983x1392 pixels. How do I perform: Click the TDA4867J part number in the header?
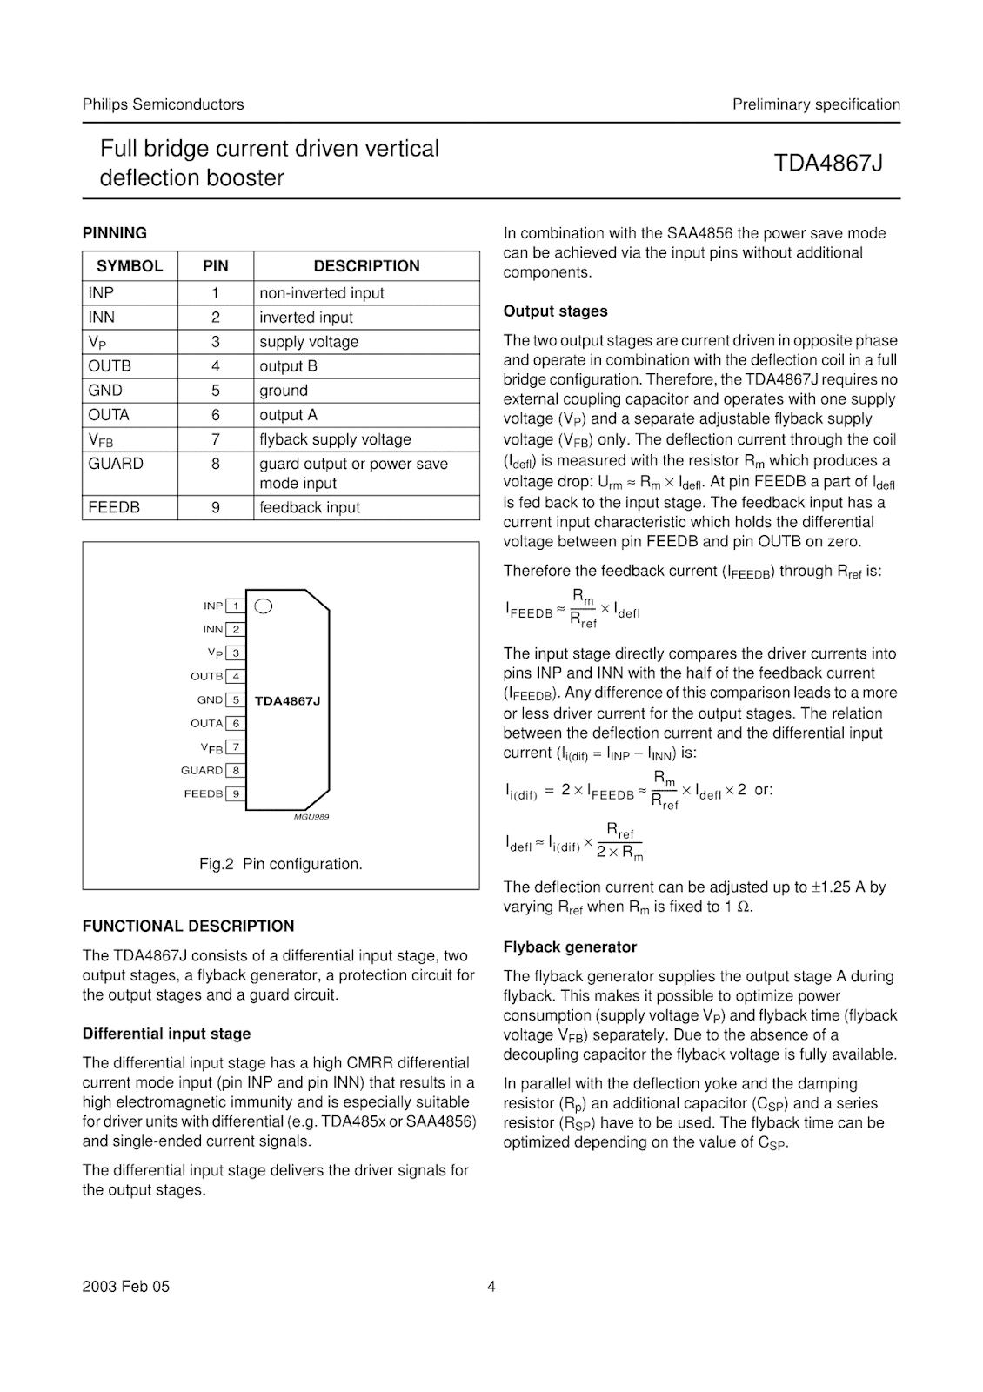pyautogui.click(x=828, y=163)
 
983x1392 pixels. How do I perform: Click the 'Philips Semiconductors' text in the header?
pyautogui.click(x=163, y=104)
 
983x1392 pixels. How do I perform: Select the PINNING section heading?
pyautogui.click(x=114, y=233)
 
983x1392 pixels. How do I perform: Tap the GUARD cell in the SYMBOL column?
pyautogui.click(x=116, y=464)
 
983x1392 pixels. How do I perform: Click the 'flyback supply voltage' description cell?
pyautogui.click(x=335, y=439)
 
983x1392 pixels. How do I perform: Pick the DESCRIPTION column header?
pyautogui.click(x=366, y=266)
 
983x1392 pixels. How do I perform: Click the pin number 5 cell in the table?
pyautogui.click(x=216, y=391)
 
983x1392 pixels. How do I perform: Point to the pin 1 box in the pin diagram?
pyautogui.click(x=235, y=606)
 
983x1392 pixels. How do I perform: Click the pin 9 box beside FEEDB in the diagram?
pyautogui.click(x=235, y=793)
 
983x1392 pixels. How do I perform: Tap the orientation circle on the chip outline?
pyautogui.click(x=264, y=606)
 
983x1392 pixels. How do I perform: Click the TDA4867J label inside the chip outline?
pyautogui.click(x=287, y=700)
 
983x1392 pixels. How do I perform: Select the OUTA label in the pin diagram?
pyautogui.click(x=206, y=723)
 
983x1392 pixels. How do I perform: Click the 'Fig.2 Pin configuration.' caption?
pyautogui.click(x=280, y=864)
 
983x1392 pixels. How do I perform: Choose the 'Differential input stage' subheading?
pyautogui.click(x=166, y=1034)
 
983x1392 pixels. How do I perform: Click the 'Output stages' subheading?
pyautogui.click(x=555, y=311)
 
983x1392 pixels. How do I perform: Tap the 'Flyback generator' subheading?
pyautogui.click(x=570, y=947)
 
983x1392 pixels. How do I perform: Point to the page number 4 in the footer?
pyautogui.click(x=491, y=1287)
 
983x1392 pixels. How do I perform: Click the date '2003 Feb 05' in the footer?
pyautogui.click(x=126, y=1287)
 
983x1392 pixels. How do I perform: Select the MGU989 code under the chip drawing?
pyautogui.click(x=311, y=817)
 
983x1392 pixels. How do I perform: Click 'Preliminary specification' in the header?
pyautogui.click(x=815, y=104)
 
